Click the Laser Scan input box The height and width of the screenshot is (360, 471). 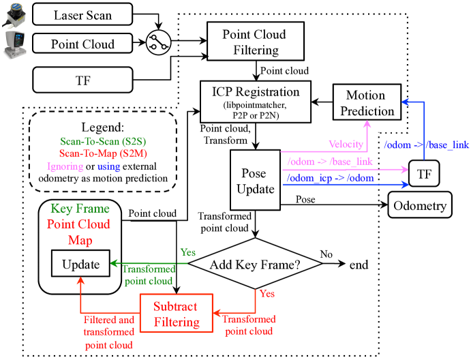[x=82, y=14]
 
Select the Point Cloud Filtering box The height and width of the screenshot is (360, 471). [x=256, y=41]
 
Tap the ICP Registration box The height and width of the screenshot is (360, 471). [x=256, y=102]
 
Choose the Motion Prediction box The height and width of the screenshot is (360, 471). [x=367, y=102]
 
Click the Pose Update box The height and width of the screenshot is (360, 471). [x=256, y=180]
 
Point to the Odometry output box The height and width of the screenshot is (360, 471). [x=420, y=205]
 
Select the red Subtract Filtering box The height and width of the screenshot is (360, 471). [x=177, y=313]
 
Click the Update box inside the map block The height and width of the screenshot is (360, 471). [x=81, y=263]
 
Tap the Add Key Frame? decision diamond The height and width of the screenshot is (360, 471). [x=256, y=264]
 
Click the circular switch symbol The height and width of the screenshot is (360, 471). [x=158, y=42]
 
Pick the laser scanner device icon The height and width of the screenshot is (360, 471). [x=14, y=15]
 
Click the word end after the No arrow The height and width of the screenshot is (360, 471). [x=359, y=265]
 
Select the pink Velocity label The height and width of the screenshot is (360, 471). [x=346, y=145]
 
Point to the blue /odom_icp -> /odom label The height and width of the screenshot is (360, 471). [x=331, y=178]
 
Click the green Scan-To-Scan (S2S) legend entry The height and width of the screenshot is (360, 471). [x=103, y=141]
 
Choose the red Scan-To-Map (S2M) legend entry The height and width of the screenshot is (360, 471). [x=103, y=153]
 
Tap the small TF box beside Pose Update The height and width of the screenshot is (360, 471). [x=424, y=174]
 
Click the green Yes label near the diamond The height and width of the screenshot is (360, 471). [x=188, y=252]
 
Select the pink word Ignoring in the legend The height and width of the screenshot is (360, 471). [x=65, y=166]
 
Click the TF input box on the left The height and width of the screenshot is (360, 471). [x=82, y=80]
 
